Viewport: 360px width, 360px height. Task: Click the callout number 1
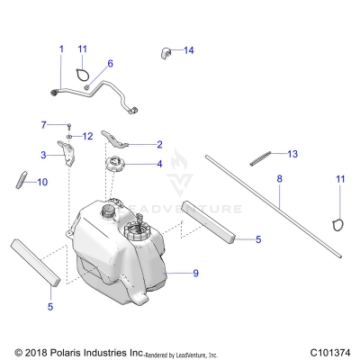[61, 48]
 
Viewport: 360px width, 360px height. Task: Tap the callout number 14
[188, 50]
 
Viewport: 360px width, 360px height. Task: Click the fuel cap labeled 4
[116, 165]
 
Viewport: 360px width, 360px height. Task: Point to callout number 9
[194, 271]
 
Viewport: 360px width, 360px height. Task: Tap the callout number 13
[292, 154]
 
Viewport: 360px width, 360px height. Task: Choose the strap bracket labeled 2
[121, 137]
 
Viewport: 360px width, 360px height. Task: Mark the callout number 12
[88, 136]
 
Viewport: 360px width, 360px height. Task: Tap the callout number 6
[110, 64]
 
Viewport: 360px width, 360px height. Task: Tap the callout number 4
[159, 164]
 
